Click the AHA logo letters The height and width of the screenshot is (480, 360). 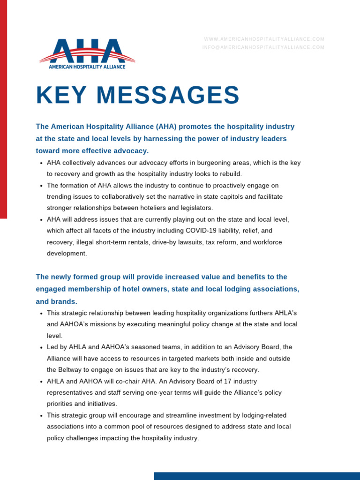[87, 51]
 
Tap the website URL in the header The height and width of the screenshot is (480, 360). [264, 39]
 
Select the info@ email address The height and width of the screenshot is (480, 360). [263, 47]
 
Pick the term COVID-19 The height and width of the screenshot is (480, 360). [203, 231]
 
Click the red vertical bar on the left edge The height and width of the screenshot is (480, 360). [3, 108]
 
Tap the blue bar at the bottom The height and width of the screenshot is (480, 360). [256, 476]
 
